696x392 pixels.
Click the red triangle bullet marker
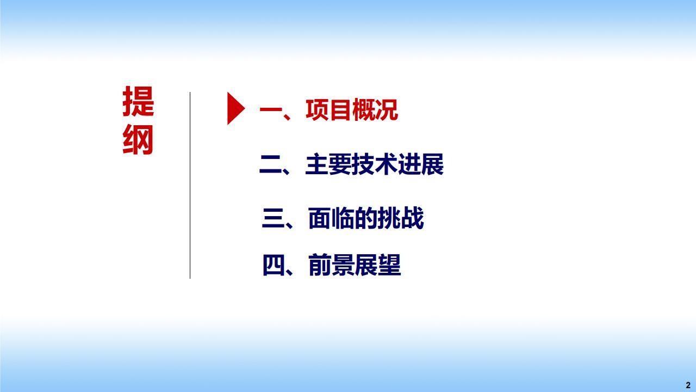click(235, 108)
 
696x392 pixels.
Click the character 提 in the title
click(138, 101)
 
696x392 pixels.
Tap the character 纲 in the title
click(138, 140)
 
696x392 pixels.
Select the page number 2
click(688, 385)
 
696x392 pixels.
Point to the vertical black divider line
click(190, 186)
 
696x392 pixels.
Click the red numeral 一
click(271, 110)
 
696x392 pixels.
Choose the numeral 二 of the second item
click(271, 164)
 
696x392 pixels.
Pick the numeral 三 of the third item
click(274, 218)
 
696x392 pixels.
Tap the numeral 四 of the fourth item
click(274, 265)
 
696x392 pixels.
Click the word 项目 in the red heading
click(328, 110)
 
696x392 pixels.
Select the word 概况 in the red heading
click(375, 110)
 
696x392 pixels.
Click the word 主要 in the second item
click(328, 164)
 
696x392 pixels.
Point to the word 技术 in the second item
click(375, 164)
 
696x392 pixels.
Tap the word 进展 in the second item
click(421, 164)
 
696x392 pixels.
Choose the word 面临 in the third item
click(331, 218)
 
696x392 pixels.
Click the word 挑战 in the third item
click(401, 218)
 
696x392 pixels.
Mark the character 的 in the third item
click(366, 218)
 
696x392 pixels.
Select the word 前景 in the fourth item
click(331, 265)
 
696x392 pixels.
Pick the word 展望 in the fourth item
click(377, 265)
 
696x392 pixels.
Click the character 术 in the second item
click(386, 164)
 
